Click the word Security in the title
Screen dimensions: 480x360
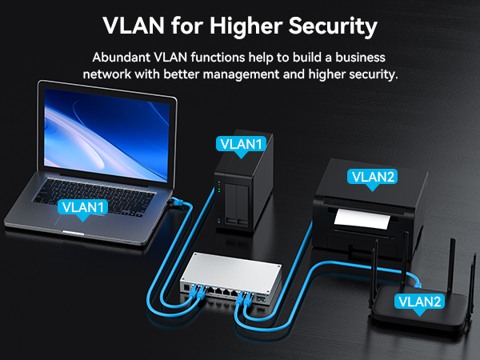click(x=333, y=26)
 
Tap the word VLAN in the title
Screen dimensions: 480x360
click(x=134, y=26)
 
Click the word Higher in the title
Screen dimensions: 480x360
click(x=246, y=26)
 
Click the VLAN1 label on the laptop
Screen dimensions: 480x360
click(x=82, y=208)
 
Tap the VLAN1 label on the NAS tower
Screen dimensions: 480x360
click(x=241, y=145)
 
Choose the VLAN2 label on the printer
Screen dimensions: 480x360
click(x=372, y=178)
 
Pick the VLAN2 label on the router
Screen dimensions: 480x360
click(x=419, y=302)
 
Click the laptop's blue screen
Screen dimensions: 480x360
click(x=106, y=134)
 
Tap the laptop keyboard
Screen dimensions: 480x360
click(x=94, y=197)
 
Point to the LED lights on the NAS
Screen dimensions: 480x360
click(x=219, y=187)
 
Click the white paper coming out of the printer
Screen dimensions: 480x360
click(x=362, y=219)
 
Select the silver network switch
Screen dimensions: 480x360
click(x=231, y=280)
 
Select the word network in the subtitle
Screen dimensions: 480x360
click(x=107, y=74)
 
